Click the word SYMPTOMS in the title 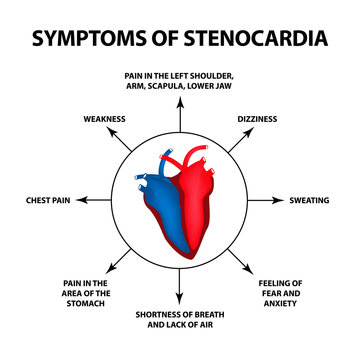pyautogui.click(x=88, y=38)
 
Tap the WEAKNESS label pyautogui.click(x=103, y=119)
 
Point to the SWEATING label pyautogui.click(x=309, y=201)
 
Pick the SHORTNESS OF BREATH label pyautogui.click(x=180, y=319)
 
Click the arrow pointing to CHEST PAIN pyautogui.click(x=95, y=201)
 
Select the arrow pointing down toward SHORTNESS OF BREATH pyautogui.click(x=180, y=289)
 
